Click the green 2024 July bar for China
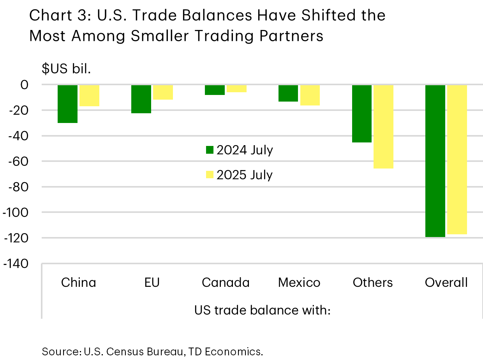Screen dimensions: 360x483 pos(67,104)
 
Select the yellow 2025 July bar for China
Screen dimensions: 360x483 pos(89,96)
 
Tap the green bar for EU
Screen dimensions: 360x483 pos(141,99)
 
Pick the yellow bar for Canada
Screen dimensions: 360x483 pos(236,89)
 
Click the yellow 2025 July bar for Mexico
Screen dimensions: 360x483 pos(310,95)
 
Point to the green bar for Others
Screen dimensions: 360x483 pos(362,114)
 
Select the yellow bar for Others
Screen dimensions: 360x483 pos(384,127)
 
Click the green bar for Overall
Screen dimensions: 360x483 pos(435,161)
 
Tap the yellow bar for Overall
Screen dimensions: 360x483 pos(457,160)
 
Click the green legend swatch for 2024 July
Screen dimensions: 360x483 pos(210,150)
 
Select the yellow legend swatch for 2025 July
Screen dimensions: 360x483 pos(210,175)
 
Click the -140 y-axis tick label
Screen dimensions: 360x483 pos(16,264)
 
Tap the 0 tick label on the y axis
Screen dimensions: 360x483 pos(24,85)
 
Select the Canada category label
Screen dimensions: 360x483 pos(226,283)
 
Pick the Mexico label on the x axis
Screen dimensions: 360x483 pos(299,283)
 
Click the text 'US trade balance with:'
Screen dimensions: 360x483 pos(262,311)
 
